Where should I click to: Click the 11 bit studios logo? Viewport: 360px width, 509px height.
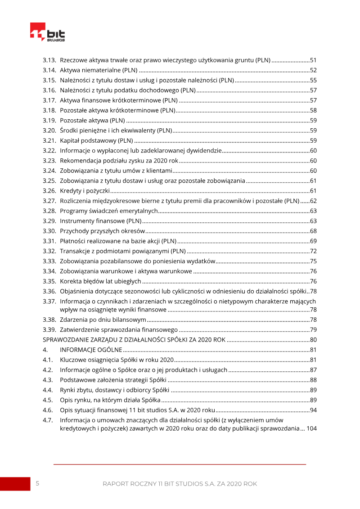pos(47,32)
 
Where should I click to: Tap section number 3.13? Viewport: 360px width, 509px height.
pos(49,60)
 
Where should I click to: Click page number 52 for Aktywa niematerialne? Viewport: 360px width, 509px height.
pos(313,70)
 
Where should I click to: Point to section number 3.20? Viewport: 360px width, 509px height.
pos(49,131)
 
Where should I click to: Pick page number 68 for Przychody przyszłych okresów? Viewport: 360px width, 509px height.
pos(313,231)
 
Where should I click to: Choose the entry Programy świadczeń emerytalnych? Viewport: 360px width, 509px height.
pos(109,211)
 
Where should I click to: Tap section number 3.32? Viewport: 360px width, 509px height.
pos(49,251)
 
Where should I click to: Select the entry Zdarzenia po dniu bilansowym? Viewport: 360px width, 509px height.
pos(103,320)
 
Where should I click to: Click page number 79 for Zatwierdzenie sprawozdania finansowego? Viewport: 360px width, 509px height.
pos(313,329)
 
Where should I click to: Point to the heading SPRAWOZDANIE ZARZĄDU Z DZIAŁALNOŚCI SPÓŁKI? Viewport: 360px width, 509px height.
pos(134,339)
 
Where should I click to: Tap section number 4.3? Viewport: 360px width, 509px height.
pos(48,379)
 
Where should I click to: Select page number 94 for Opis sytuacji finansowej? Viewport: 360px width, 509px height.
pos(313,410)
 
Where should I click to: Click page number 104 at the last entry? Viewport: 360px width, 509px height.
pos(311,428)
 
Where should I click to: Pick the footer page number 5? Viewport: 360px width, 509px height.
pos(37,483)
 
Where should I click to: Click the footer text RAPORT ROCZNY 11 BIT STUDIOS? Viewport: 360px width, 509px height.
pos(180,484)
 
